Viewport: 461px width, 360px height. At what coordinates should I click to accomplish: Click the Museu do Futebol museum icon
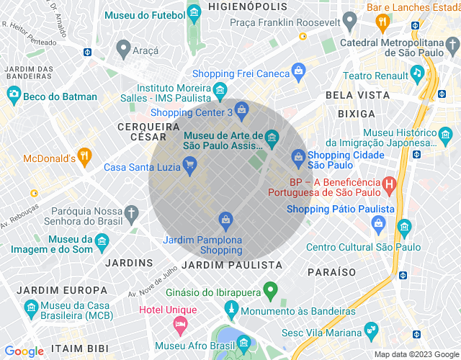coord(193,13)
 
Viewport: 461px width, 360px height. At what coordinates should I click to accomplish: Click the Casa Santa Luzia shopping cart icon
coord(189,167)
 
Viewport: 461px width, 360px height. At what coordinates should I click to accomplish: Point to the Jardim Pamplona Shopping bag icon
coord(226,219)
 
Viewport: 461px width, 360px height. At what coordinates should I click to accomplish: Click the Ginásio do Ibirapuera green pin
coord(271,292)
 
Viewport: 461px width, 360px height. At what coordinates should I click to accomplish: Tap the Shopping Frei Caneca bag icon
coord(298,71)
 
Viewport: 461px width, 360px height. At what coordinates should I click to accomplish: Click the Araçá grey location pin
coord(122,50)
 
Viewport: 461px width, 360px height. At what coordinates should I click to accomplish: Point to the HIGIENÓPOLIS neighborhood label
coord(238,6)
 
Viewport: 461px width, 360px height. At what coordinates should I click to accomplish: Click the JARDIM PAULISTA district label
coord(232,265)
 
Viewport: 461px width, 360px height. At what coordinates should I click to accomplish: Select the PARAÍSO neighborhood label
coord(331,272)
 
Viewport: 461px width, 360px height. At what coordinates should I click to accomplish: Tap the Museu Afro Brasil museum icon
coord(243,341)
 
